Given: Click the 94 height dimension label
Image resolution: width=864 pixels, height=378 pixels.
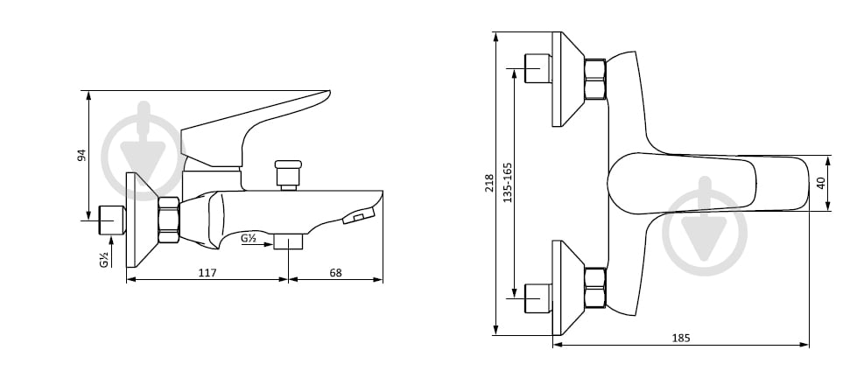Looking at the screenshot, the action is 82,156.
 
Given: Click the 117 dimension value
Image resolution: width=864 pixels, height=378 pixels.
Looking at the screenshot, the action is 208,273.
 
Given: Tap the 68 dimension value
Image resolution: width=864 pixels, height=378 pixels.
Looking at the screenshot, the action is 335,273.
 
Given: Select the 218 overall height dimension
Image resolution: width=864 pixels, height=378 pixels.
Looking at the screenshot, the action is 489,183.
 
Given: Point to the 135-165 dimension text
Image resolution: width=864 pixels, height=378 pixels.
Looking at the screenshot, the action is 508,182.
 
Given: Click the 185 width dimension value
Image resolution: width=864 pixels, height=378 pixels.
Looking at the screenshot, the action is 681,339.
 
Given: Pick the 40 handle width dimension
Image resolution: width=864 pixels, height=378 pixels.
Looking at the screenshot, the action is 822,183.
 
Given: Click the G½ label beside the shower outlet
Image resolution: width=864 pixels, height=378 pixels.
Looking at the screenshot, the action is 249,239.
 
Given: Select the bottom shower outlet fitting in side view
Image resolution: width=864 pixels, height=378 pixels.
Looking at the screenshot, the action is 288,241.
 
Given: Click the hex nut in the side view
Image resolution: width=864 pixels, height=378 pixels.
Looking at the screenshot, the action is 169,220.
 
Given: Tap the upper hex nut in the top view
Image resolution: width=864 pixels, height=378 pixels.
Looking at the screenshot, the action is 595,79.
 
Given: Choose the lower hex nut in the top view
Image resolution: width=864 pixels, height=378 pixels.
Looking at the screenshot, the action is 595,288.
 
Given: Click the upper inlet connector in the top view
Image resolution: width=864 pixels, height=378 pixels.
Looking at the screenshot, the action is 538,68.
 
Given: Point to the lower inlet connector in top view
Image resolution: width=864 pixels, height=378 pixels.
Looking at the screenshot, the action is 538,298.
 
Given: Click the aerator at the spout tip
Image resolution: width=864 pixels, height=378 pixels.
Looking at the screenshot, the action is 358,216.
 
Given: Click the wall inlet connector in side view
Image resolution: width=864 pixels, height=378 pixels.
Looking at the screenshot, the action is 112,220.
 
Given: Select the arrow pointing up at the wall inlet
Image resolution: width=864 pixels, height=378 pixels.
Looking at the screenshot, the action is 112,252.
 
